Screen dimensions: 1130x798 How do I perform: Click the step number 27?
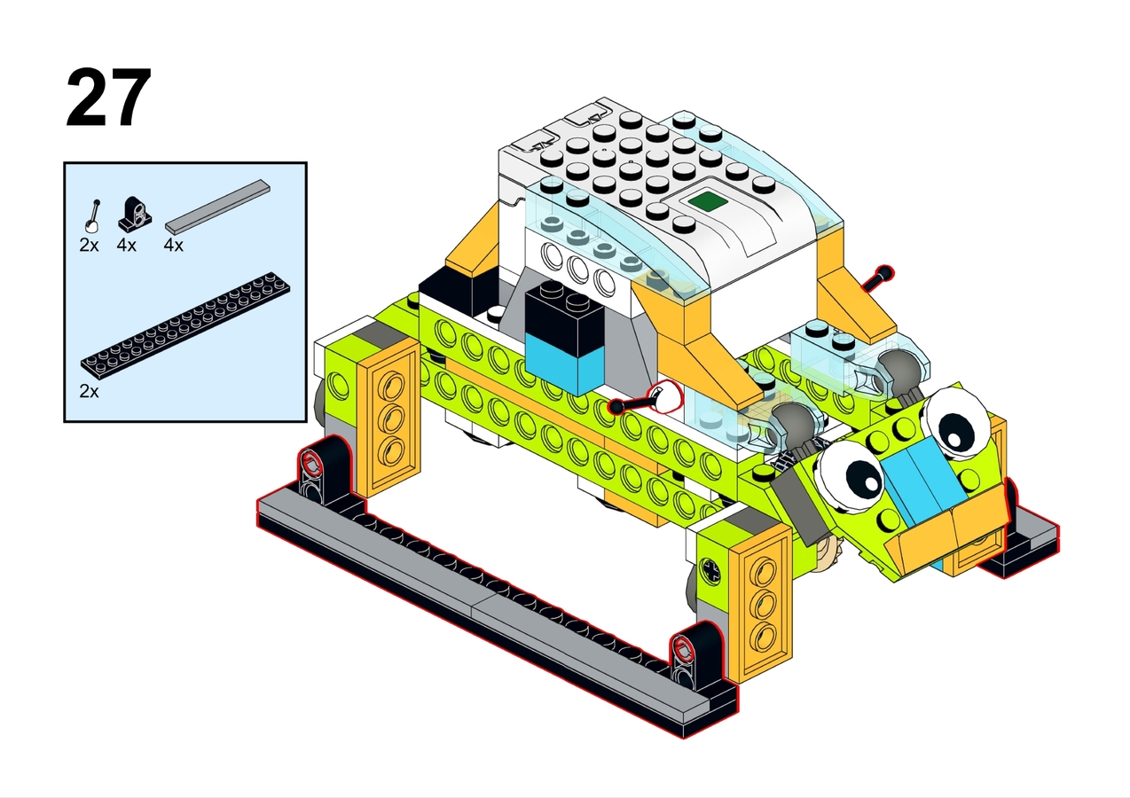[x=108, y=97]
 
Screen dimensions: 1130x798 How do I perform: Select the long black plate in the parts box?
[x=185, y=325]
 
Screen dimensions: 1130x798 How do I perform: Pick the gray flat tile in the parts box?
[x=218, y=207]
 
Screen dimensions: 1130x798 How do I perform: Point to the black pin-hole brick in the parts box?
[x=135, y=213]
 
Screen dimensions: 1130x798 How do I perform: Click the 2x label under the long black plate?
[x=89, y=391]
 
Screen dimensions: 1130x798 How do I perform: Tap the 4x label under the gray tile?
[x=174, y=245]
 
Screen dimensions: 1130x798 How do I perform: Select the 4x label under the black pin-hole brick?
[x=127, y=245]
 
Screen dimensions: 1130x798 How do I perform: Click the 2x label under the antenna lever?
[x=89, y=245]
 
